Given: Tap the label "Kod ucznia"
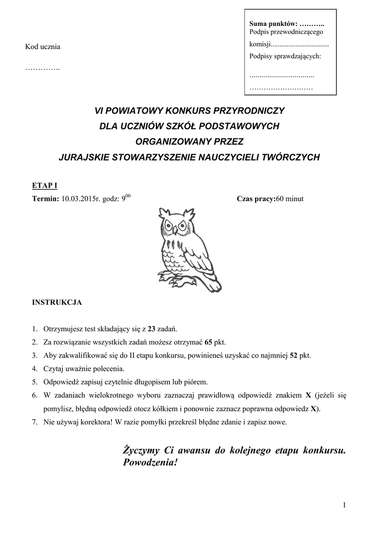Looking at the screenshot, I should point(43,46).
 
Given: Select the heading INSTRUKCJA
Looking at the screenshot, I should point(57,303).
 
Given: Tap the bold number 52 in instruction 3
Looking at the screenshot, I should point(294,356).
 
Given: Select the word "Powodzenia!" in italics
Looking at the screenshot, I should point(150,462).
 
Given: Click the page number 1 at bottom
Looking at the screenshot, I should point(344,506).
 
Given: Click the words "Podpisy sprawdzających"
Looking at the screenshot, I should point(285,56).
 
